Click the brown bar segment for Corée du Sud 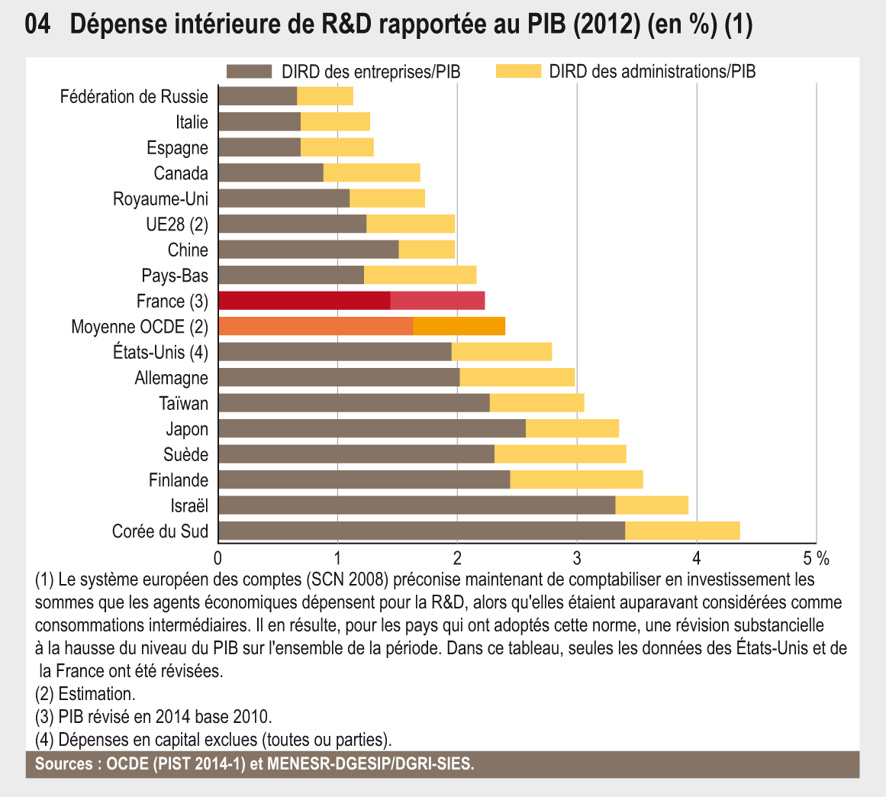[421, 531]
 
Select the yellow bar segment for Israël [652, 505]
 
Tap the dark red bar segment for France [304, 301]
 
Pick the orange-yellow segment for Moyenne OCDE [459, 326]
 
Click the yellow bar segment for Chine [427, 250]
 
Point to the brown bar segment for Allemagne [339, 377]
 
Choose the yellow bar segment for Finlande [576, 479]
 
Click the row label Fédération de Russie [134, 96]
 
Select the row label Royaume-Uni [160, 198]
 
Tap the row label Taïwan [183, 403]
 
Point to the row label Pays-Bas [175, 276]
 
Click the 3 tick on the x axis [577, 557]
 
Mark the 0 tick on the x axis [218, 557]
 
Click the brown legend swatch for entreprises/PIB [249, 72]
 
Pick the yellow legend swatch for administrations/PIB [518, 72]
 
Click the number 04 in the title [37, 26]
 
